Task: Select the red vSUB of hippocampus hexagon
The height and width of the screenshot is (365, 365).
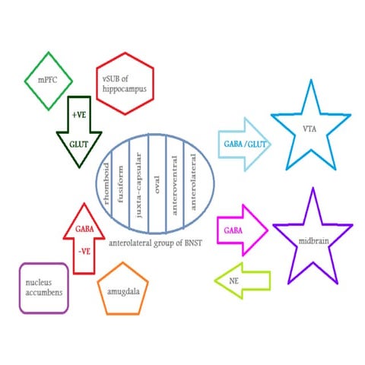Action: click(125, 54)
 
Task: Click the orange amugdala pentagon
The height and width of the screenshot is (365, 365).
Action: click(123, 264)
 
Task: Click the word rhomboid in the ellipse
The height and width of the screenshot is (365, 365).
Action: click(106, 183)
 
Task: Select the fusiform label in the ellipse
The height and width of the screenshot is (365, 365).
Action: click(121, 184)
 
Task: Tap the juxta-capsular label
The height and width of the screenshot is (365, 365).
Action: click(138, 185)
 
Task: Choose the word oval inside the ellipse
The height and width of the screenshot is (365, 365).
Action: click(157, 185)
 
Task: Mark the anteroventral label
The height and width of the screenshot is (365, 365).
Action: click(174, 186)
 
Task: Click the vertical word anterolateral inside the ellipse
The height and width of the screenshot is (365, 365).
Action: click(193, 182)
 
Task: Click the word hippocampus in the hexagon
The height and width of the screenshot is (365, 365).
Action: click(125, 89)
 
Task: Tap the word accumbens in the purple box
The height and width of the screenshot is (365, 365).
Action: click(44, 293)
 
